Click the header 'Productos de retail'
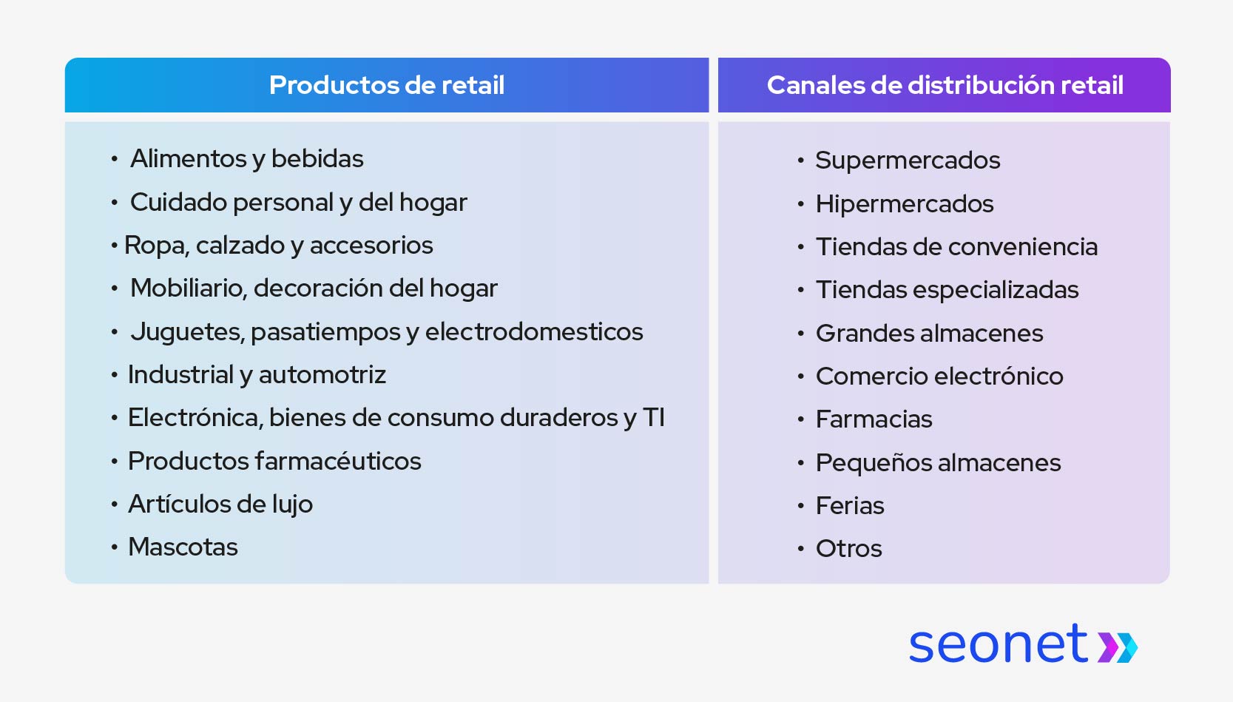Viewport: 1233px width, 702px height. click(x=386, y=85)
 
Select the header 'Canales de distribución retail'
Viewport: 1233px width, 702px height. click(x=945, y=85)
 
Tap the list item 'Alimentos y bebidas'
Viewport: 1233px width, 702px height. click(x=246, y=159)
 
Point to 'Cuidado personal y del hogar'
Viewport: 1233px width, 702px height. click(x=298, y=203)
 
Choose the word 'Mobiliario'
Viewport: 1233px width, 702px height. click(x=186, y=288)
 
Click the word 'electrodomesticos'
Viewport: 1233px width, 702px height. click(x=533, y=332)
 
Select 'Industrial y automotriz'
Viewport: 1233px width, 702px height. click(x=257, y=375)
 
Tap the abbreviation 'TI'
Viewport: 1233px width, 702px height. click(x=653, y=418)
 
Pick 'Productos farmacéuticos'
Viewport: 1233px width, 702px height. click(x=274, y=462)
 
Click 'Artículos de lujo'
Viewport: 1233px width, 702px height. click(x=220, y=504)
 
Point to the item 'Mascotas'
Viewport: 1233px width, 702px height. click(x=183, y=547)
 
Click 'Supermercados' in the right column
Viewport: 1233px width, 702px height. click(x=908, y=161)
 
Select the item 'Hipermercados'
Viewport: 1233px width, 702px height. click(x=905, y=204)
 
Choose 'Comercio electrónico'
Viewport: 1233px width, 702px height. click(x=939, y=377)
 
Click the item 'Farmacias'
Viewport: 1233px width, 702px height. click(x=874, y=419)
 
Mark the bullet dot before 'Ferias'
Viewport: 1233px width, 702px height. click(x=800, y=507)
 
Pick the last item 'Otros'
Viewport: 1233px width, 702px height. click(x=848, y=549)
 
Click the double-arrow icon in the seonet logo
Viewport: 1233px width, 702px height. click(x=1117, y=647)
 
